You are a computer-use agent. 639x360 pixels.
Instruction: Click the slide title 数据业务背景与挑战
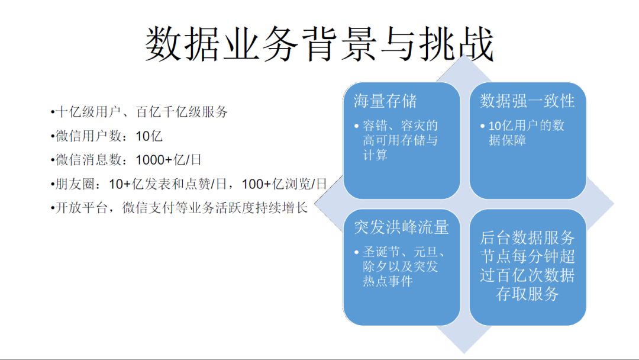319,44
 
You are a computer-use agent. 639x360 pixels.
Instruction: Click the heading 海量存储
385,101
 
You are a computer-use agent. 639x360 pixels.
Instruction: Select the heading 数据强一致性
527,101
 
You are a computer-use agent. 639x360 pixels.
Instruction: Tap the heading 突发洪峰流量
401,227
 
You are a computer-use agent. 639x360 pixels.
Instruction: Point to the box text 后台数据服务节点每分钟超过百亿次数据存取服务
527,266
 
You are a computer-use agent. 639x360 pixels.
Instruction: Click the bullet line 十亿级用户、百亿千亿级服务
140,112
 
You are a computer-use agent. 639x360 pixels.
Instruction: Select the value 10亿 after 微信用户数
149,136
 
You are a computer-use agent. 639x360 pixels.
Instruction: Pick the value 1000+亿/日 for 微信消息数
169,160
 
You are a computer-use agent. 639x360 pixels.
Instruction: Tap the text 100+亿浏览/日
285,185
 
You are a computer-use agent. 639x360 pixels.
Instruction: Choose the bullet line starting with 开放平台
180,209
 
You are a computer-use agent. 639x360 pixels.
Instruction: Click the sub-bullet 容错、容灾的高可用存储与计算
401,140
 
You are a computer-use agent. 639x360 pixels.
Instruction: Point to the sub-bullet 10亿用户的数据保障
526,133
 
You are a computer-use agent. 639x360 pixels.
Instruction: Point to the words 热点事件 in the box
388,281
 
